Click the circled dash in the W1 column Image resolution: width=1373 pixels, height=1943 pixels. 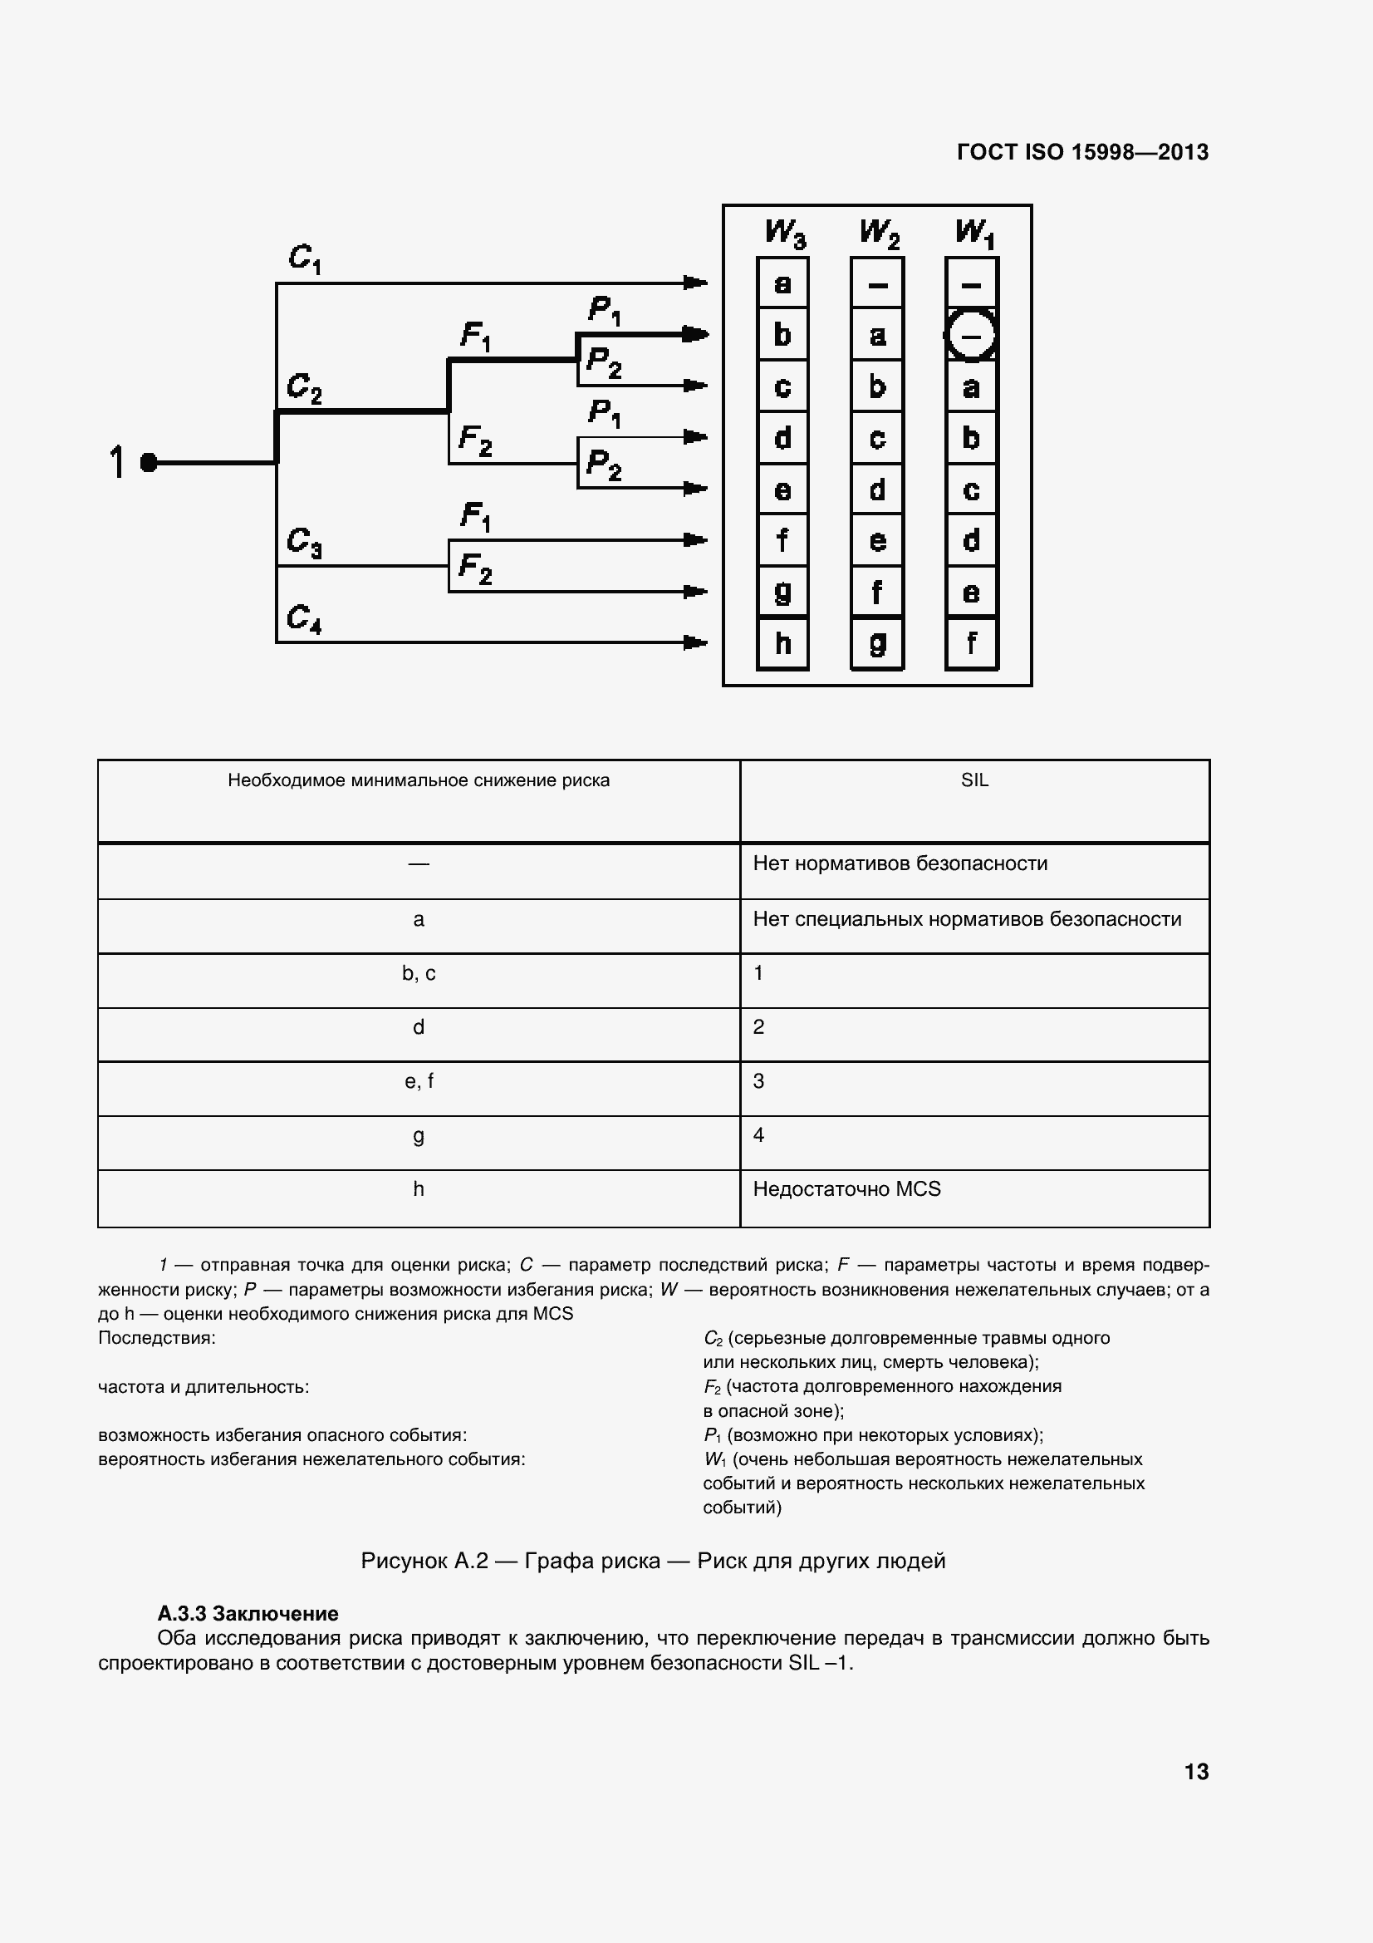(x=971, y=336)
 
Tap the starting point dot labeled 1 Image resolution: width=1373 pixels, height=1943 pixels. (x=149, y=463)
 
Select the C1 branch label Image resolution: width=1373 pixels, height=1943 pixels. (x=305, y=258)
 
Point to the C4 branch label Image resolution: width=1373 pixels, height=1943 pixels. (x=304, y=618)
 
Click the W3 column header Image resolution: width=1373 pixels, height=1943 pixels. (x=784, y=233)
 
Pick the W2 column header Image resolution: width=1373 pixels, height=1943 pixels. (x=879, y=233)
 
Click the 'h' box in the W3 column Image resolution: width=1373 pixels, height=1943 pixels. (x=782, y=644)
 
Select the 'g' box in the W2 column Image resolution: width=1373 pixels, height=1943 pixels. (x=877, y=644)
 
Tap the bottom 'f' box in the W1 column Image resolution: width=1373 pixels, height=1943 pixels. (x=971, y=644)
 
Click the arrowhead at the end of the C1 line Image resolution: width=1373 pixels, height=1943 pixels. (x=696, y=283)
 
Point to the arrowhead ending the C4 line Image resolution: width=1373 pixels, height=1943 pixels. (x=696, y=643)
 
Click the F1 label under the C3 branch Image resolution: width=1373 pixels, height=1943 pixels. (x=475, y=516)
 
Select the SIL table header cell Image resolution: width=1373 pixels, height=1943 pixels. (x=974, y=780)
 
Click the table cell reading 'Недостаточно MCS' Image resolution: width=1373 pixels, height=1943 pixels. (x=847, y=1189)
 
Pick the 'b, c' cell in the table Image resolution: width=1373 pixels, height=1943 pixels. (x=419, y=973)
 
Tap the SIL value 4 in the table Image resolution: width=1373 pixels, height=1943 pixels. (x=759, y=1135)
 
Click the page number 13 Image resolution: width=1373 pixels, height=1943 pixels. (x=1196, y=1771)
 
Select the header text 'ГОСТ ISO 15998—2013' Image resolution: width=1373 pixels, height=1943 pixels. (x=1082, y=152)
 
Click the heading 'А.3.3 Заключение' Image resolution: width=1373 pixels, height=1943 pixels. (x=248, y=1613)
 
